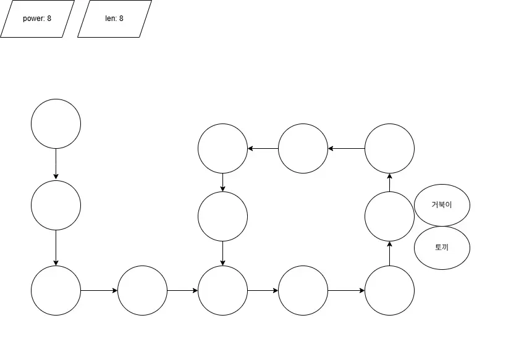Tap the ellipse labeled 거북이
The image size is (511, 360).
(x=442, y=204)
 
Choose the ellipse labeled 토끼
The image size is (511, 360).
(x=442, y=248)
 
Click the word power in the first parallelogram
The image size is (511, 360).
(x=33, y=19)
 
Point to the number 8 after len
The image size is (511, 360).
(x=121, y=19)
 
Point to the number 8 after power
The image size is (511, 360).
(x=49, y=19)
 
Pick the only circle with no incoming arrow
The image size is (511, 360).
(x=56, y=123)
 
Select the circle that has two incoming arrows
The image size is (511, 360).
(x=222, y=290)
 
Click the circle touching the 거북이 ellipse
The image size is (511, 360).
(x=389, y=216)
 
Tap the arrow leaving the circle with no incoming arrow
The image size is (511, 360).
(x=56, y=164)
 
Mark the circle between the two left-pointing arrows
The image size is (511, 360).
(x=303, y=148)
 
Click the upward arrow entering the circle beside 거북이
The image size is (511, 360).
(x=389, y=253)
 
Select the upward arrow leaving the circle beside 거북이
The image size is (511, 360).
(x=389, y=182)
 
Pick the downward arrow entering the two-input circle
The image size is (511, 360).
(x=222, y=253)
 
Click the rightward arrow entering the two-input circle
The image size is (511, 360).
(x=182, y=290)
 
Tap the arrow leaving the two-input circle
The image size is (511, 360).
(x=263, y=290)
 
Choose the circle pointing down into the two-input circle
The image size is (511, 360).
(x=222, y=216)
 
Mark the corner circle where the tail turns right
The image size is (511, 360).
(x=56, y=290)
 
